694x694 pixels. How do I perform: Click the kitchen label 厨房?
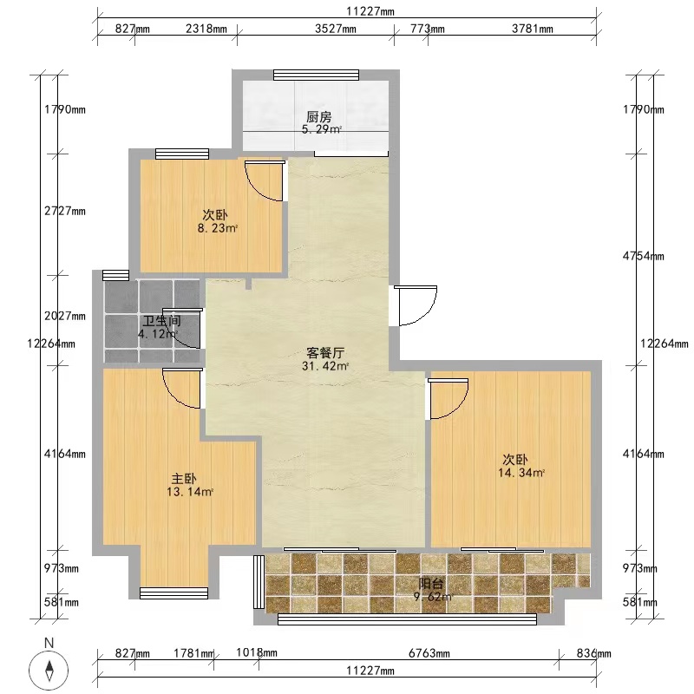[x=318, y=117]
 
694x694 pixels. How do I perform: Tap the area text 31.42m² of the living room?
[x=325, y=366]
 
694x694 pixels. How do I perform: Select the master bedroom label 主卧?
[x=184, y=479]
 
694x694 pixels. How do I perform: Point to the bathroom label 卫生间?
[x=161, y=321]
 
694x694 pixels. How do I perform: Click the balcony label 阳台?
[x=430, y=583]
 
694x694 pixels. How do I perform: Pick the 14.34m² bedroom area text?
[x=521, y=473]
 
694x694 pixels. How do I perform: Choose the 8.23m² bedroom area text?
[x=218, y=228]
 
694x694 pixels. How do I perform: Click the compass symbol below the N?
[x=49, y=671]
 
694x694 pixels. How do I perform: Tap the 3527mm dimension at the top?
[x=336, y=29]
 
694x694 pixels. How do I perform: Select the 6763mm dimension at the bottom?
[x=429, y=653]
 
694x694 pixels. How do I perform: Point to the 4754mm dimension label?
[x=643, y=256]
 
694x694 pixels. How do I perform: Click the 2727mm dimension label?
[x=64, y=211]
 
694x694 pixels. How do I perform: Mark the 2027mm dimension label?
[x=64, y=316]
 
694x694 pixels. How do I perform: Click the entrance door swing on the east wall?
[x=416, y=305]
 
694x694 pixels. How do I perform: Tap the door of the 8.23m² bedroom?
[x=265, y=181]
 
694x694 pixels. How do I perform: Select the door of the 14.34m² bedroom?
[x=448, y=399]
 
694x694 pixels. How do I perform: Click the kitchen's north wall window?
[x=316, y=75]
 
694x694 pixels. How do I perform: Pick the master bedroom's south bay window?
[x=174, y=593]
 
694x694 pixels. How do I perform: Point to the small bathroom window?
[x=115, y=275]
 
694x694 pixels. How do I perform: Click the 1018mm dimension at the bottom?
[x=256, y=652]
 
